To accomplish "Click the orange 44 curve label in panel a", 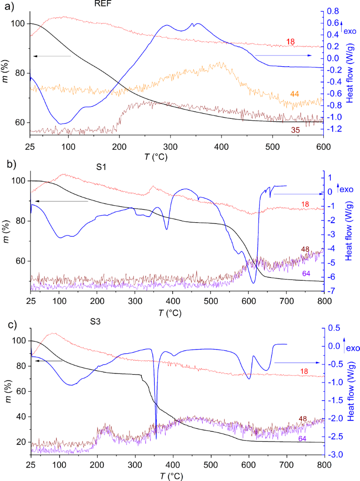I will point(295,94).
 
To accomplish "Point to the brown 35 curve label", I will point(295,130).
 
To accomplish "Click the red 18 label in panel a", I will point(291,42).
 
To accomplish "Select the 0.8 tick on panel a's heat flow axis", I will point(333,11).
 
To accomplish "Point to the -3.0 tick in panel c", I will point(334,455).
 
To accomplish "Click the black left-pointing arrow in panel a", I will point(51,56).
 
